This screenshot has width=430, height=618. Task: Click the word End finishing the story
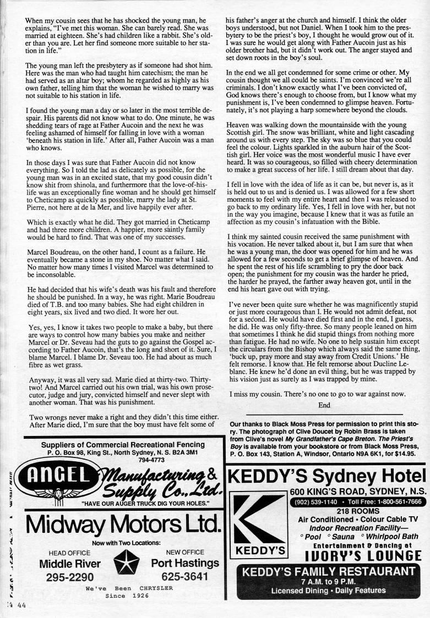tap(324, 405)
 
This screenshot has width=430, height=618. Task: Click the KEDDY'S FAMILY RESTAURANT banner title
tap(329, 571)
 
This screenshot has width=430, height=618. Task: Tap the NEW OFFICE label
tap(184, 553)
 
